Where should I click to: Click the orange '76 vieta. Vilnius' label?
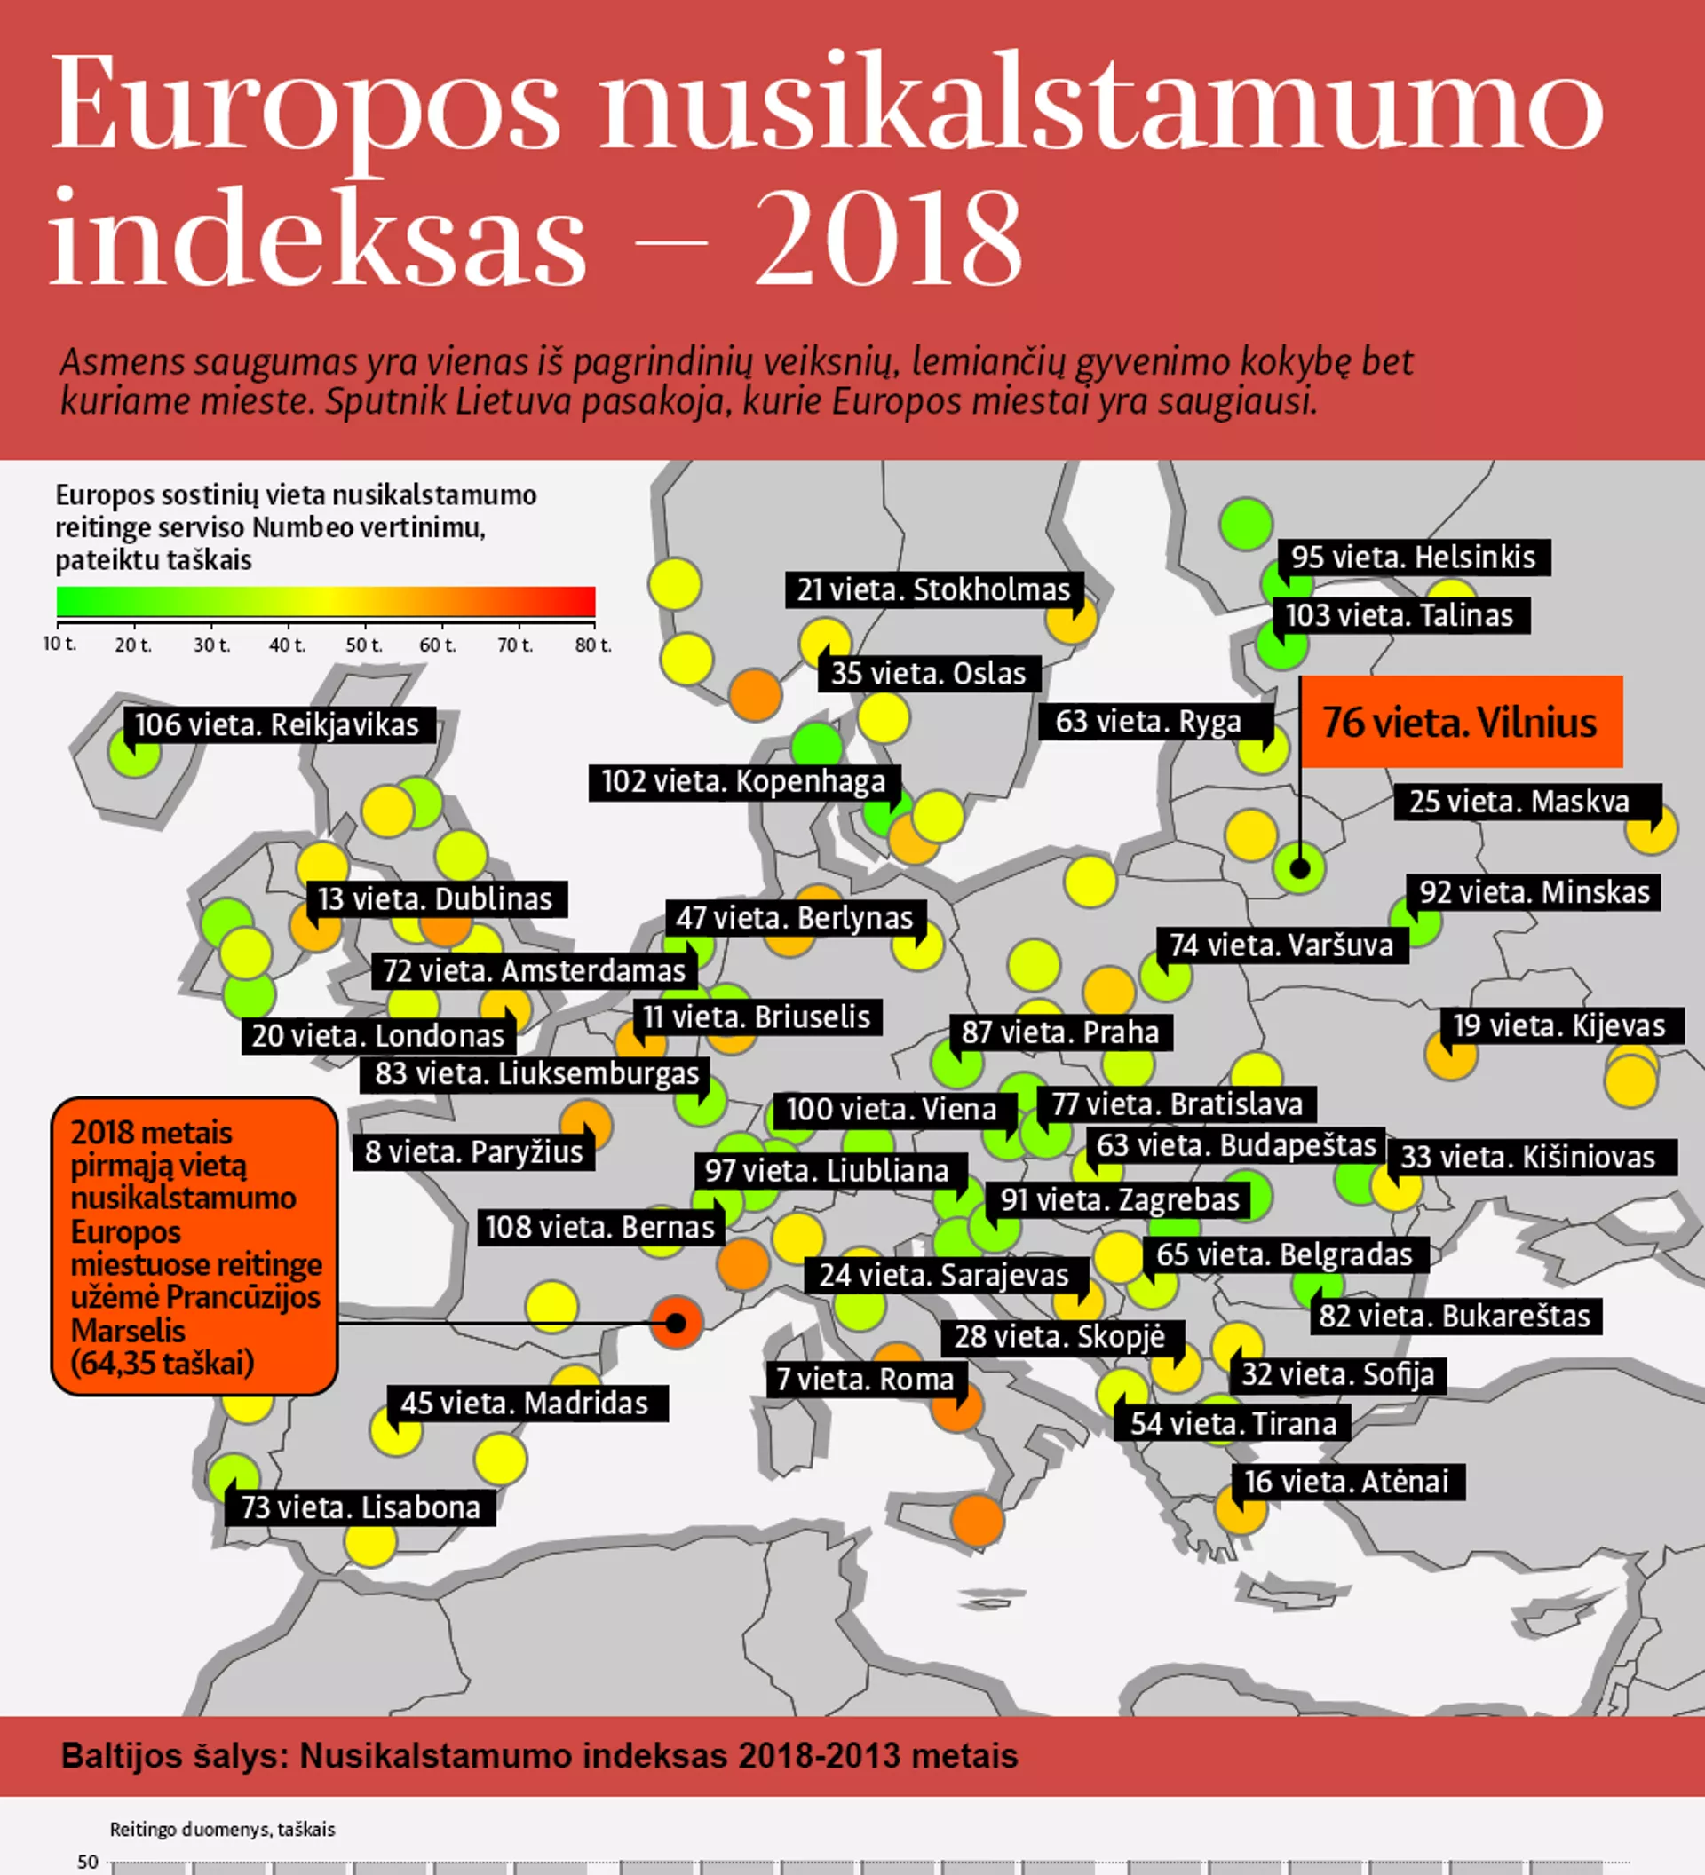1461,722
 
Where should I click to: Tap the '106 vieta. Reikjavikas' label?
277,724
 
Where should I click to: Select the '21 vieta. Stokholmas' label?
933,589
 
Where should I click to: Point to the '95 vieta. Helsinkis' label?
1413,558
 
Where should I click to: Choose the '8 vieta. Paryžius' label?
473,1151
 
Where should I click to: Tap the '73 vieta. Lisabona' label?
360,1507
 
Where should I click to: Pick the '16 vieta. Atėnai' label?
1346,1482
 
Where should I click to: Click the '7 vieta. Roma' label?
865,1380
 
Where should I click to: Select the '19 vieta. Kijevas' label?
1559,1025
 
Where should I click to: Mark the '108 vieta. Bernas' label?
600,1227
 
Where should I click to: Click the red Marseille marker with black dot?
677,1322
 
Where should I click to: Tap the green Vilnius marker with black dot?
1299,868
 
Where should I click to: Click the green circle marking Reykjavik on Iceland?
134,751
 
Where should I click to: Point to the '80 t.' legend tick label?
592,645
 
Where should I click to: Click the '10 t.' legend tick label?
59,644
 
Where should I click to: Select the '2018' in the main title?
888,238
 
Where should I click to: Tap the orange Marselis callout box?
194,1246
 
